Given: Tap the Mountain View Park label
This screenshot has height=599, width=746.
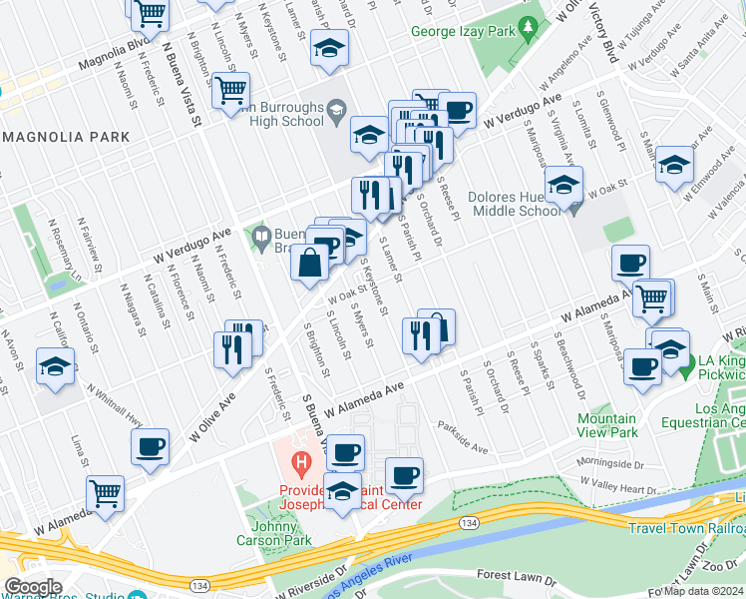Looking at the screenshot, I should pyautogui.click(x=607, y=425).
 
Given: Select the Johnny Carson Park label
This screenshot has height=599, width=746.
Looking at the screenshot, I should pyautogui.click(x=278, y=533).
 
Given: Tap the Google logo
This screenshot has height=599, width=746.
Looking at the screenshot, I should pyautogui.click(x=33, y=587).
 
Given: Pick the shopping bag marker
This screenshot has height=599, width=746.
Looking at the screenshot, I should pyautogui.click(x=309, y=264).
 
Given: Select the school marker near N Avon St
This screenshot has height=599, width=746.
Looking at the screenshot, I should pyautogui.click(x=55, y=365).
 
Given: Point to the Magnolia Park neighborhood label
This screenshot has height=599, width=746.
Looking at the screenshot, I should pyautogui.click(x=68, y=136).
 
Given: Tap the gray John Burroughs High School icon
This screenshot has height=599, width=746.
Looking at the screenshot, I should pyautogui.click(x=335, y=110).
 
